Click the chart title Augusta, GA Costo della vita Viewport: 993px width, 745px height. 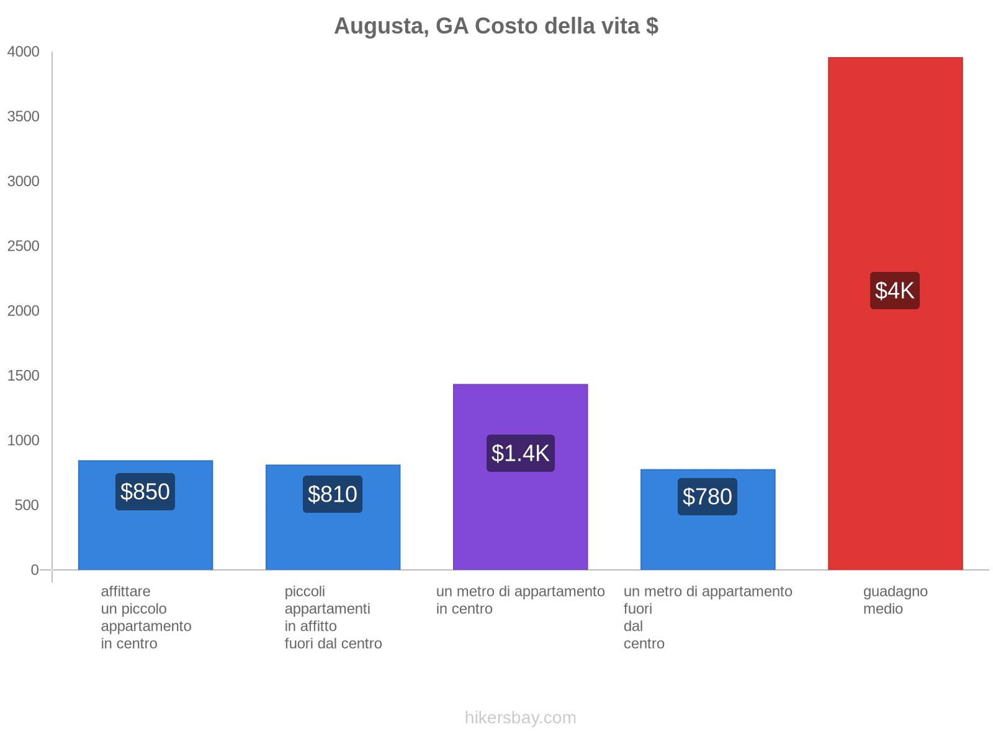[x=495, y=26]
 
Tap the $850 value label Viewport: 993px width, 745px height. [x=145, y=492]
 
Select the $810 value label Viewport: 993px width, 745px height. [x=333, y=494]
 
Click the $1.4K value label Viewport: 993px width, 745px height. [x=520, y=453]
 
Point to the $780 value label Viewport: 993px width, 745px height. [x=708, y=497]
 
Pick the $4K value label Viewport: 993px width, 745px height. [x=894, y=291]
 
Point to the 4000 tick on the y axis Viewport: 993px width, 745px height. [x=23, y=52]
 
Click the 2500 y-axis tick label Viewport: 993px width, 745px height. [x=23, y=246]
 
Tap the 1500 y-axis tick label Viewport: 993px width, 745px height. [x=23, y=376]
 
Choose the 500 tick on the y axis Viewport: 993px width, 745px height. [x=27, y=505]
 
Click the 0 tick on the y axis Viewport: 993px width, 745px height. [x=35, y=570]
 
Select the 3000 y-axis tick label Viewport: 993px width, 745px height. [x=23, y=181]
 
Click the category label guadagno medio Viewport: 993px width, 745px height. [x=895, y=600]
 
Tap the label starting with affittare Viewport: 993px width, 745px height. [x=146, y=617]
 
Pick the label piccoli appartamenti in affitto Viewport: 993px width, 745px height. [x=333, y=617]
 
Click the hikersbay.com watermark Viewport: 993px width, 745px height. [x=520, y=718]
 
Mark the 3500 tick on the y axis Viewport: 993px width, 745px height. [x=23, y=117]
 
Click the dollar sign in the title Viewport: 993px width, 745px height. [x=652, y=26]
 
